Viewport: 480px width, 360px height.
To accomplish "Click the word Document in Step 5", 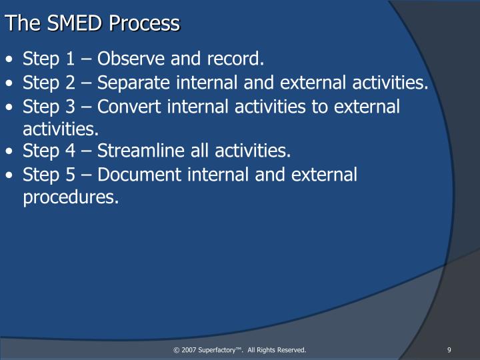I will (135, 175).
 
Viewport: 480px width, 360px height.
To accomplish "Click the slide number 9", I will (450, 350).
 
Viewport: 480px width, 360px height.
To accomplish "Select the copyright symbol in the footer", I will (176, 350).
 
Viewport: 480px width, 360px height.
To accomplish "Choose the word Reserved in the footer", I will (291, 350).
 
